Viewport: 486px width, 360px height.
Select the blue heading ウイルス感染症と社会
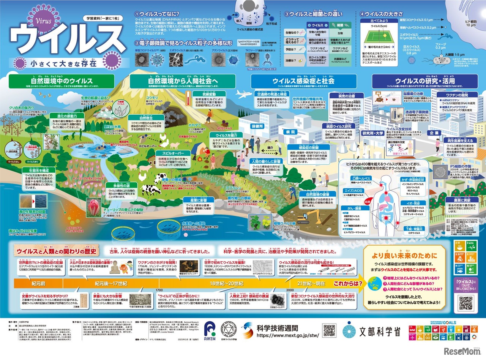point(303,81)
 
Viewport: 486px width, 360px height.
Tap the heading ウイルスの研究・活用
point(425,81)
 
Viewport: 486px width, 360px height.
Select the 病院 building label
point(290,132)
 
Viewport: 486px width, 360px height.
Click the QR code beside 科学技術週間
point(329,330)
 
